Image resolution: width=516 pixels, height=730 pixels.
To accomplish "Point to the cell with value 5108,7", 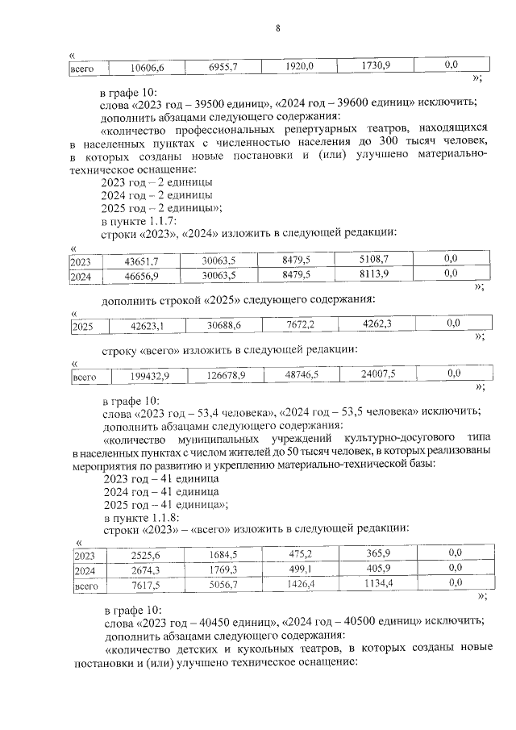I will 372,261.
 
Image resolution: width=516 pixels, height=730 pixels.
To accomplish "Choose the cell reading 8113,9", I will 372,275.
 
